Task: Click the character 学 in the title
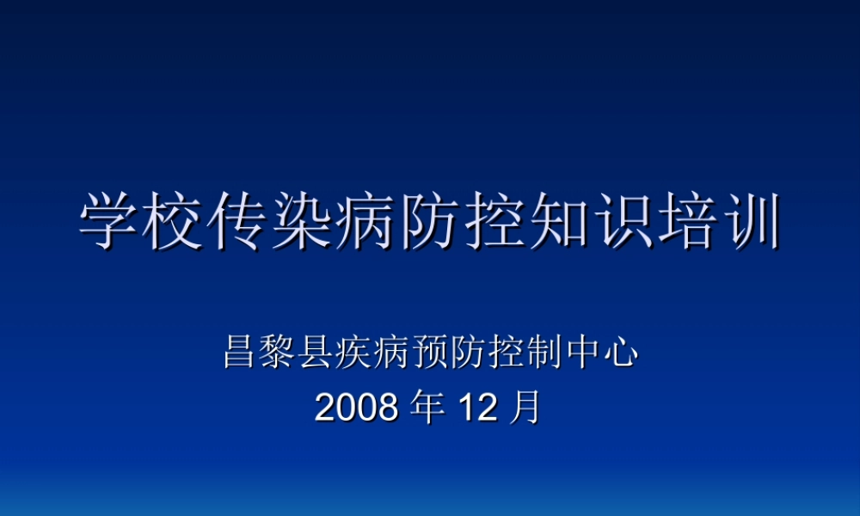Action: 110,221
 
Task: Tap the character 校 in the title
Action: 175,221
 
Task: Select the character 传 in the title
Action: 238,221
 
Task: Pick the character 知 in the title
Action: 557,221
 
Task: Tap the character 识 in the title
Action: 621,221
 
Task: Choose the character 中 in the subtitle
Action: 583,353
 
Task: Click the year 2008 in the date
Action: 356,408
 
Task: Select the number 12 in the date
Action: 476,408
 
